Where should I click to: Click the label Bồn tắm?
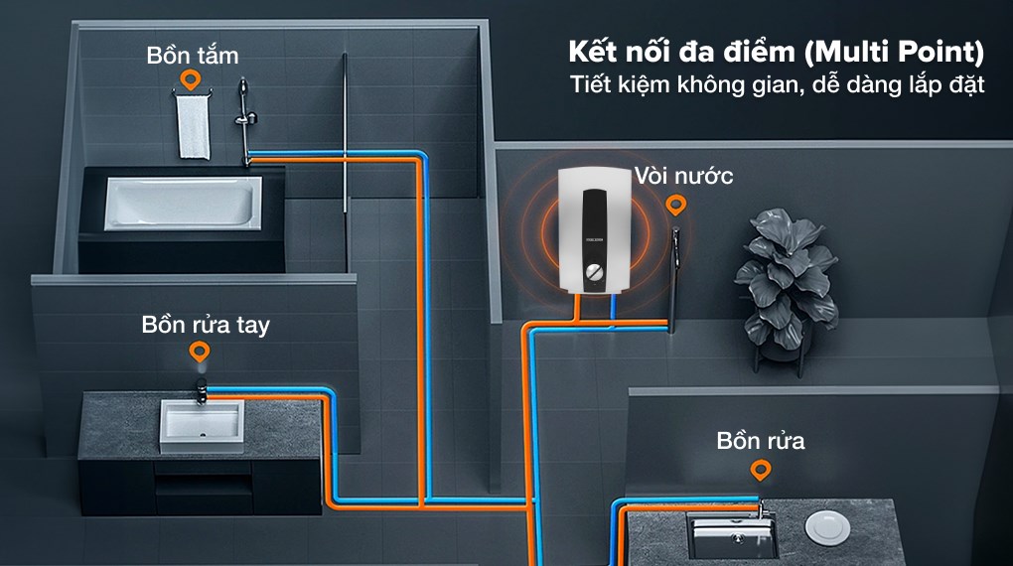coord(193,55)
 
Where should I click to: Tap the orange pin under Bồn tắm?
coord(186,80)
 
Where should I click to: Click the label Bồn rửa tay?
coord(206,325)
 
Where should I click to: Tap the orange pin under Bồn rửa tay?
coord(201,353)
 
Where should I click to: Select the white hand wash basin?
coord(201,425)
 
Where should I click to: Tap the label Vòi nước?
coord(684,177)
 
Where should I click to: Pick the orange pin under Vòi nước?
coord(676,206)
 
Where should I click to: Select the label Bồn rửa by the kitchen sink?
coord(761,441)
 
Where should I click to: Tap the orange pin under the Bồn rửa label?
coord(762,469)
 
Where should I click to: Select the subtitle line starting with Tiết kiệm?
coord(777,85)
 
